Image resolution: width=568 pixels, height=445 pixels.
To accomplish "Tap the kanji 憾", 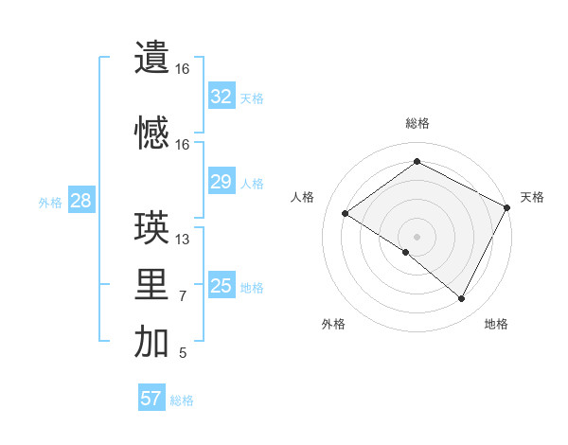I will (152, 133).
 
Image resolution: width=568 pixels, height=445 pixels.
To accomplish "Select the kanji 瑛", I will (152, 227).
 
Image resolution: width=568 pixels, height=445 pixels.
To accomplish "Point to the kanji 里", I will (152, 285).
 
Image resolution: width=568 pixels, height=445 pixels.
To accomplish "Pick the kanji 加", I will (152, 342).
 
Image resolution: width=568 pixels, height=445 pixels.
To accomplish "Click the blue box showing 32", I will (222, 97).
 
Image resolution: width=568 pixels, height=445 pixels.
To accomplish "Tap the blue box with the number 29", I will (222, 182).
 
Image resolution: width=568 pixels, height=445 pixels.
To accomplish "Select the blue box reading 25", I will (222, 286).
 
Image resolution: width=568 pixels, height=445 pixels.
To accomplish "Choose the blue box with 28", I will (80, 201).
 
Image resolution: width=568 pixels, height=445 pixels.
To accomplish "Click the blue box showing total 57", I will (151, 399).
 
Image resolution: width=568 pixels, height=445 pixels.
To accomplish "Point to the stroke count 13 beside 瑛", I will (183, 240).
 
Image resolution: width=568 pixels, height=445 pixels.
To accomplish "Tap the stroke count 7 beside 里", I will (183, 296).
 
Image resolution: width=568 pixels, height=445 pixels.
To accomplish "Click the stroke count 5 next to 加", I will (183, 353).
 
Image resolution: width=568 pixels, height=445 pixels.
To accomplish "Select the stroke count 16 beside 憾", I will (183, 145).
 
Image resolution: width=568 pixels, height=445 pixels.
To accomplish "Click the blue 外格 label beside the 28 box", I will (50, 202).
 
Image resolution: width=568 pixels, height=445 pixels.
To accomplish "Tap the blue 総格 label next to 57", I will (182, 400).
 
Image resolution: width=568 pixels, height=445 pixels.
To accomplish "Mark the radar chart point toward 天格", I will (508, 209).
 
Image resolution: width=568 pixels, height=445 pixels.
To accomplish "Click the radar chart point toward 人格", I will (345, 214).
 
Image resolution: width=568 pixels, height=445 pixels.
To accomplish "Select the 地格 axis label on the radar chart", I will (496, 324).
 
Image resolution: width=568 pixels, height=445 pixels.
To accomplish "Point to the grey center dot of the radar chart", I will (417, 236).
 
